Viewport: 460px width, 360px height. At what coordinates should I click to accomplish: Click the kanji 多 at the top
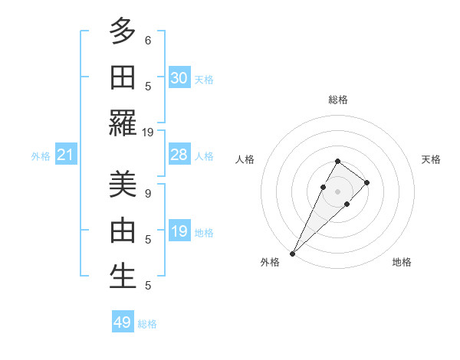(123, 31)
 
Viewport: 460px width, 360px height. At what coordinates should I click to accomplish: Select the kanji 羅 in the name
(123, 123)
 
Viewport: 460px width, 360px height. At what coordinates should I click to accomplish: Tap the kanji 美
(123, 185)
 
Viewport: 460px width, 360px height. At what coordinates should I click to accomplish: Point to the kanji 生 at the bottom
(123, 277)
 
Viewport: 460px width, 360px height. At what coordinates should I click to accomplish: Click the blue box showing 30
(179, 78)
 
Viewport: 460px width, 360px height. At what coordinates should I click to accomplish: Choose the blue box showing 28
(179, 155)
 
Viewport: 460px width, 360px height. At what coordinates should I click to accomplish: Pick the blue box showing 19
(179, 231)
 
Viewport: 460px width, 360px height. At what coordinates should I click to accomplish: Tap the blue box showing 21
(66, 155)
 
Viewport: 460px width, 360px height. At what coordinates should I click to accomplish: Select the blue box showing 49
(123, 322)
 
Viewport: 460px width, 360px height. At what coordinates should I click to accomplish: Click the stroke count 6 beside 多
(148, 40)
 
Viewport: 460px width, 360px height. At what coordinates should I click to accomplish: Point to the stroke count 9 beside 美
(148, 193)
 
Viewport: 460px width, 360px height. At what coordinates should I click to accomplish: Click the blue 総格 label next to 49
(147, 324)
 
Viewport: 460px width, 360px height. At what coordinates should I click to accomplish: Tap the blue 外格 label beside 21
(41, 156)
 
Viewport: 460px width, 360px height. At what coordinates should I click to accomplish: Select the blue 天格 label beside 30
(204, 80)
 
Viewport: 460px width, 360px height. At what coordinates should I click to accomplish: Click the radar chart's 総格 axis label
(337, 99)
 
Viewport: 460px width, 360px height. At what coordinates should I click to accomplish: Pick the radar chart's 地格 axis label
(402, 263)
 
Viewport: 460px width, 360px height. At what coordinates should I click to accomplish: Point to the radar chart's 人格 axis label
(245, 159)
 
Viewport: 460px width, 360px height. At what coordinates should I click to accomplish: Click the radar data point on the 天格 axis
(367, 182)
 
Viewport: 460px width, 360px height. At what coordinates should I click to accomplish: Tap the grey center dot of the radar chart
(337, 191)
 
